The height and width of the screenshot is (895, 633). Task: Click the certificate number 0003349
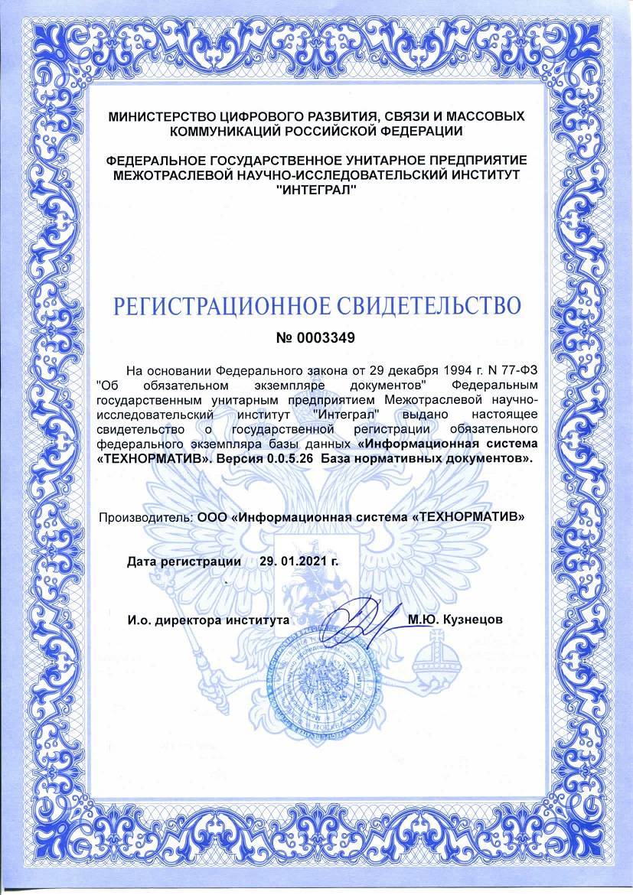coord(325,337)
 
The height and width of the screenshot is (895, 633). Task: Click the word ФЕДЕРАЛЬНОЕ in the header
coord(158,162)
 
